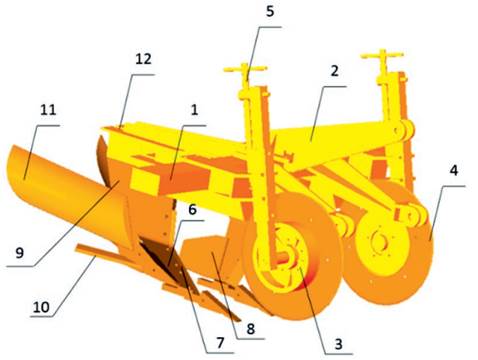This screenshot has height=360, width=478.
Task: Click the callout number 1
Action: click(194, 109)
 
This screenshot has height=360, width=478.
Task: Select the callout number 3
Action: click(339, 343)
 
